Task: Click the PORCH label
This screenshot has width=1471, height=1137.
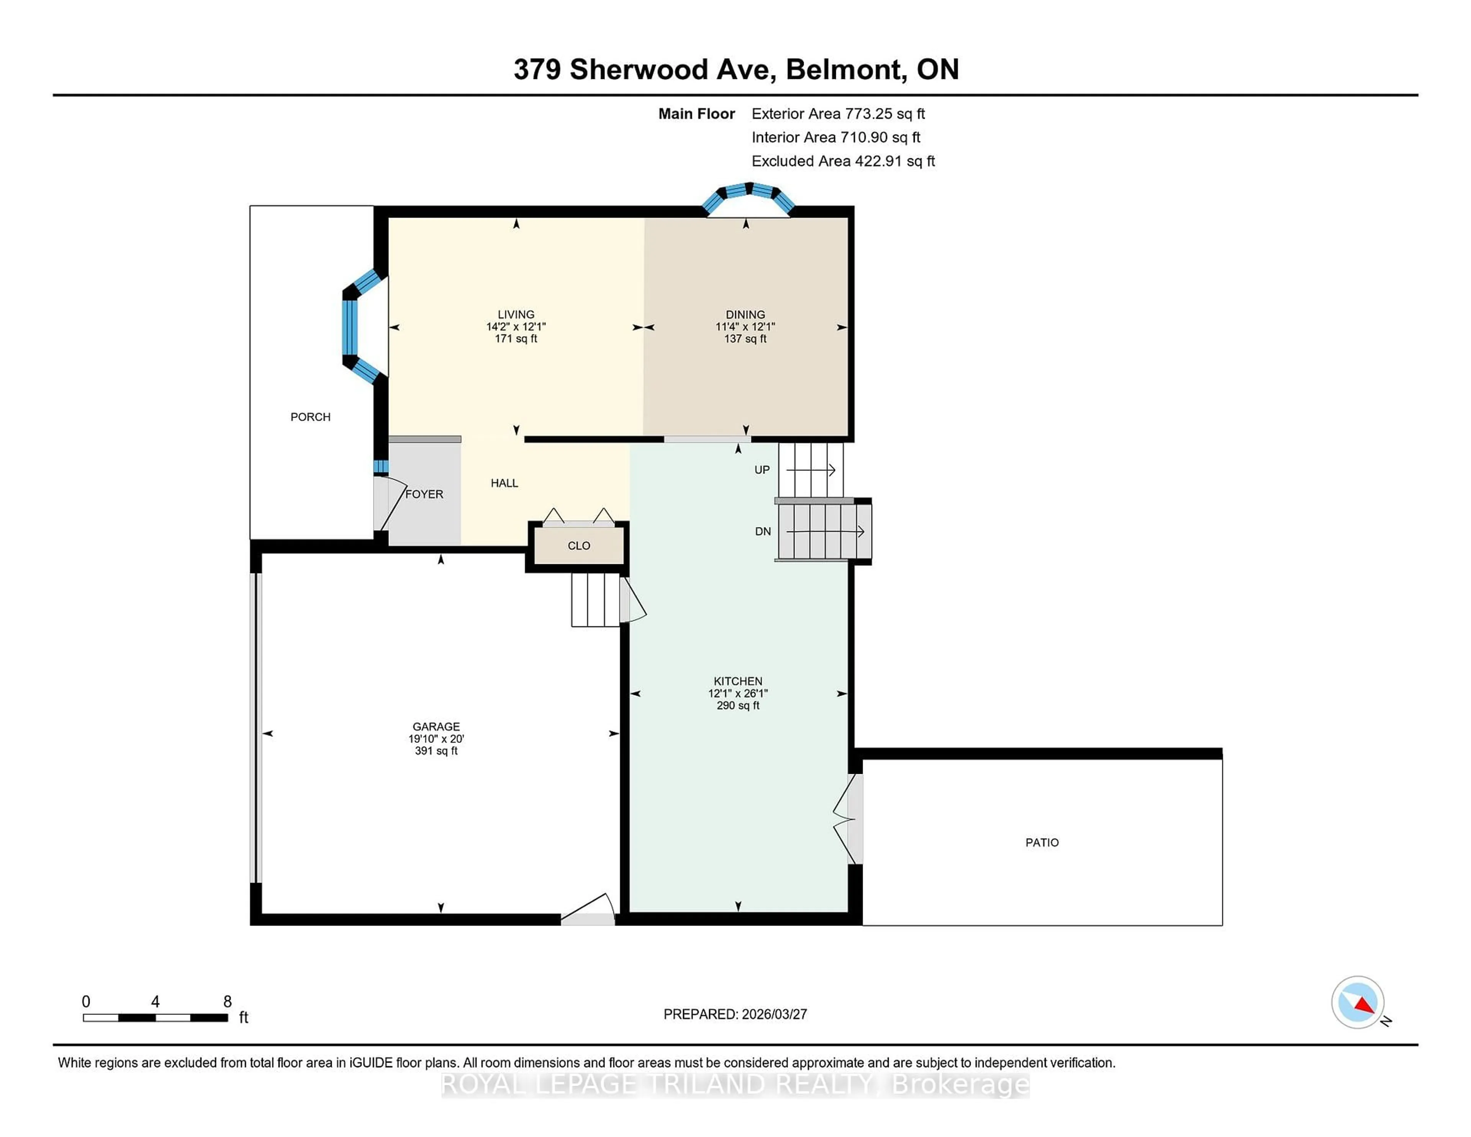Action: pos(311,417)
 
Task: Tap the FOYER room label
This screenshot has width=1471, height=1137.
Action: pos(424,494)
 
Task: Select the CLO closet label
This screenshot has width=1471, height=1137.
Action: pos(578,546)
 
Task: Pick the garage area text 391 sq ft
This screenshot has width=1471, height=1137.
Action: pos(436,750)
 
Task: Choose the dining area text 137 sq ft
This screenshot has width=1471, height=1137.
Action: pos(745,338)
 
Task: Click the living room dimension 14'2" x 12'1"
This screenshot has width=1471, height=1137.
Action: pos(516,327)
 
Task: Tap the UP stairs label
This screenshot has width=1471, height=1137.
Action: pos(762,470)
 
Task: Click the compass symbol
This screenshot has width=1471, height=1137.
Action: pos(1357,1002)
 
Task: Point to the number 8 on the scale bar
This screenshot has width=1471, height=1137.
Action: pos(228,1002)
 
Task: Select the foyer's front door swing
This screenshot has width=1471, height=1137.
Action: pos(389,502)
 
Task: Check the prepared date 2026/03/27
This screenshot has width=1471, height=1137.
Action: pos(774,1014)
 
